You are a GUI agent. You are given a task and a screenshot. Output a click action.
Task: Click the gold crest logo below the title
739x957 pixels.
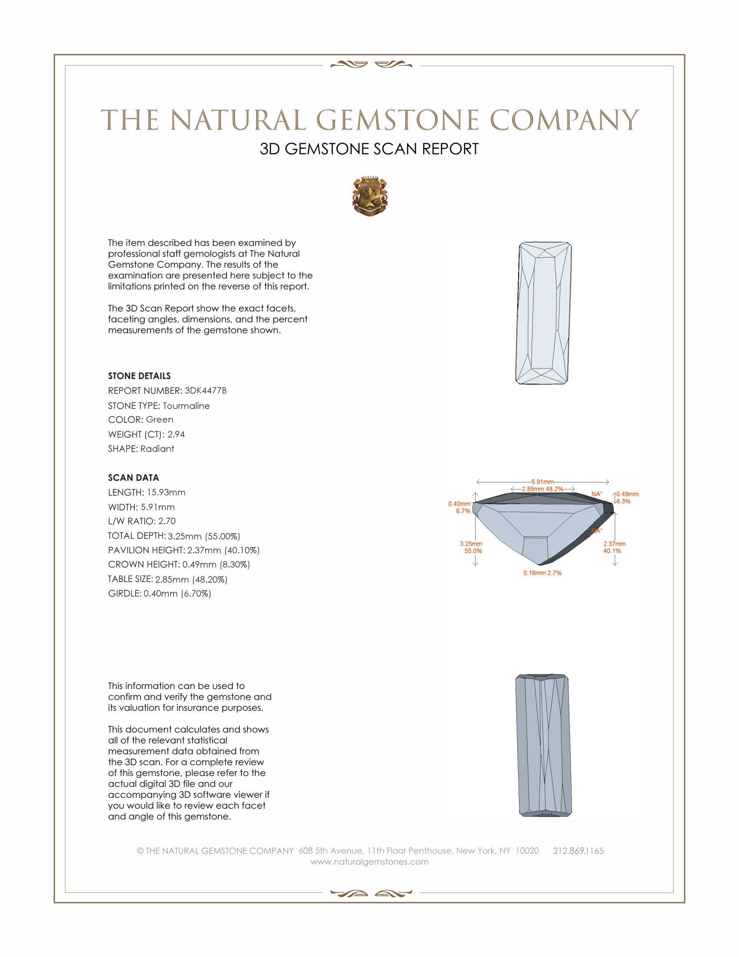point(369,196)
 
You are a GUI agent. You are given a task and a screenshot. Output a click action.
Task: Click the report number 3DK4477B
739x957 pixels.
point(205,391)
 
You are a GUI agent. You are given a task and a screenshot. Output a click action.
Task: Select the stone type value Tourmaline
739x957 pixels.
point(186,406)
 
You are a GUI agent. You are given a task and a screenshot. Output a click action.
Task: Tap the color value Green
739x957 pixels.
point(160,420)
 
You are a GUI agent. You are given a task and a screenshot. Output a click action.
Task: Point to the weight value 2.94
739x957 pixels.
point(176,434)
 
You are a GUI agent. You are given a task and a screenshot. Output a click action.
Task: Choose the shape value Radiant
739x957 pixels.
point(157,449)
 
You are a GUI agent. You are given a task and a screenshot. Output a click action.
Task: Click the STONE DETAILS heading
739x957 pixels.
point(139,376)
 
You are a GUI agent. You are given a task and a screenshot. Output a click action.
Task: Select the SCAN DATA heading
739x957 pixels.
point(133,478)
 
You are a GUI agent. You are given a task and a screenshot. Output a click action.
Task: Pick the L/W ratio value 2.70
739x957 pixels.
point(167,521)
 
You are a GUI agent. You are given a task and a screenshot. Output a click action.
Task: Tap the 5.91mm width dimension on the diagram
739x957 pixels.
point(543,482)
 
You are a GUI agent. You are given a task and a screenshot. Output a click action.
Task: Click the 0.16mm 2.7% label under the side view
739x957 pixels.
point(543,573)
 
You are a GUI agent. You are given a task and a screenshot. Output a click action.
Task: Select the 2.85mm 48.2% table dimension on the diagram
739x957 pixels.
point(543,489)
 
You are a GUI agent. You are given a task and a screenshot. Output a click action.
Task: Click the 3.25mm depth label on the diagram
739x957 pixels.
point(471,544)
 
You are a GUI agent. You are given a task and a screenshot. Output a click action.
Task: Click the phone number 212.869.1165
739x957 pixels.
point(578,851)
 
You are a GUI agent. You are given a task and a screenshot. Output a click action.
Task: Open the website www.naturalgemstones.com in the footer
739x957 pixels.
point(369,862)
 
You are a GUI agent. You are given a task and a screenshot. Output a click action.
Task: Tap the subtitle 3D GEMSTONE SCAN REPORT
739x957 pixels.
point(369,149)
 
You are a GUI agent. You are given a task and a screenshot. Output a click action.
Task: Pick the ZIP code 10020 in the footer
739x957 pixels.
point(527,851)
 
